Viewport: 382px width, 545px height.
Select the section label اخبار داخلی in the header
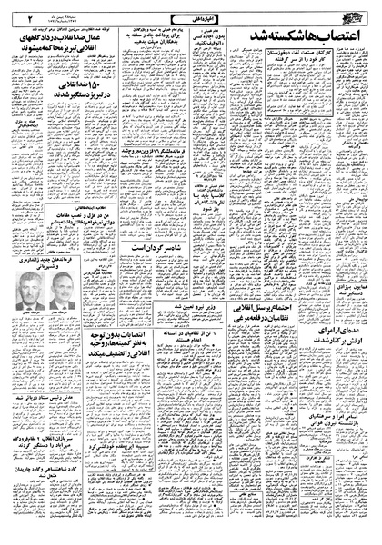click(190, 12)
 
